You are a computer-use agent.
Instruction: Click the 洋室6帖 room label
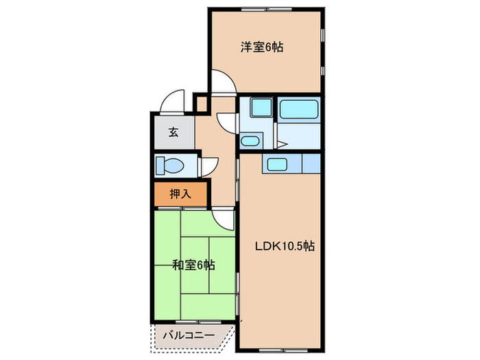pos(262,47)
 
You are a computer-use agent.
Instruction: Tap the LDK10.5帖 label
pos(285,245)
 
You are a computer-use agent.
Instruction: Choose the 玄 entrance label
pos(173,132)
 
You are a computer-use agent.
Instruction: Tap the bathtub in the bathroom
pos(300,109)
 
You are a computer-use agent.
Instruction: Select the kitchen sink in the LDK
pos(278,164)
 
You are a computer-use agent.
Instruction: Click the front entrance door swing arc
pos(171,101)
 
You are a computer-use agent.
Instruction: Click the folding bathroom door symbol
pos(281,145)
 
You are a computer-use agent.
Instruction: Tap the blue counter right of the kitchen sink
pos(311,164)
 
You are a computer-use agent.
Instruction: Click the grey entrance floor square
pos(173,132)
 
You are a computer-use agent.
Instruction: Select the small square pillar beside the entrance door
pos(202,104)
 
